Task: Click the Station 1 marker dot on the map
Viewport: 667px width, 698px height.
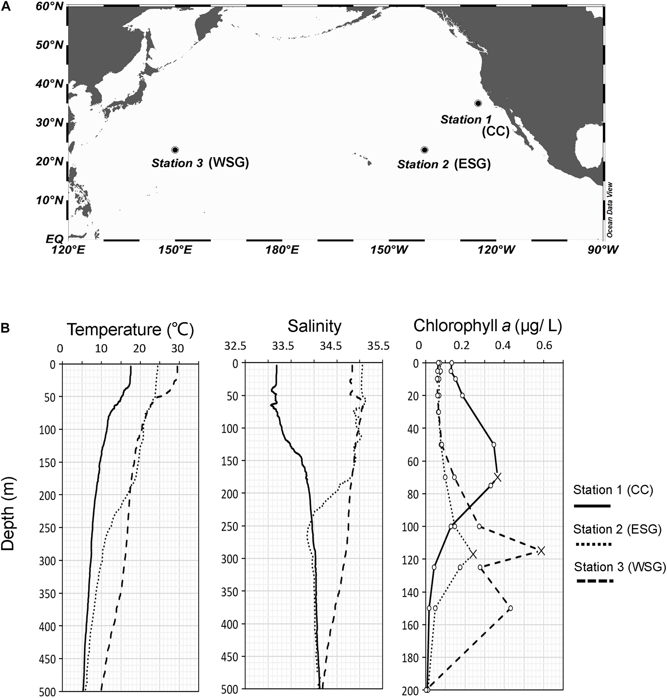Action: tap(478, 103)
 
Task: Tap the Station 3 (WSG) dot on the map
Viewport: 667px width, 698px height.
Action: tap(175, 150)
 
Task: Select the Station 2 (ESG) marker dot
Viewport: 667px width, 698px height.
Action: tap(425, 150)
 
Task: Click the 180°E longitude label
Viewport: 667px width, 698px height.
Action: tap(282, 250)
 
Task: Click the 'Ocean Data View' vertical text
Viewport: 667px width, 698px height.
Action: tap(610, 210)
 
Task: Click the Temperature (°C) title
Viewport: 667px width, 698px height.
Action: tap(130, 330)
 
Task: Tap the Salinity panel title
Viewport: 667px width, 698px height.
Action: tap(314, 326)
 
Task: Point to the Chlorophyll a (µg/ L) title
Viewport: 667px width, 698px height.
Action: tap(487, 326)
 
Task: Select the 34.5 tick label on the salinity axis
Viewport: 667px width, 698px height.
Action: tap(331, 346)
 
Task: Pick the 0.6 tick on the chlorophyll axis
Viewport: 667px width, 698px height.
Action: tap(544, 346)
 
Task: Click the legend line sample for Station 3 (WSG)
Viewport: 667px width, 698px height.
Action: tap(595, 582)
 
